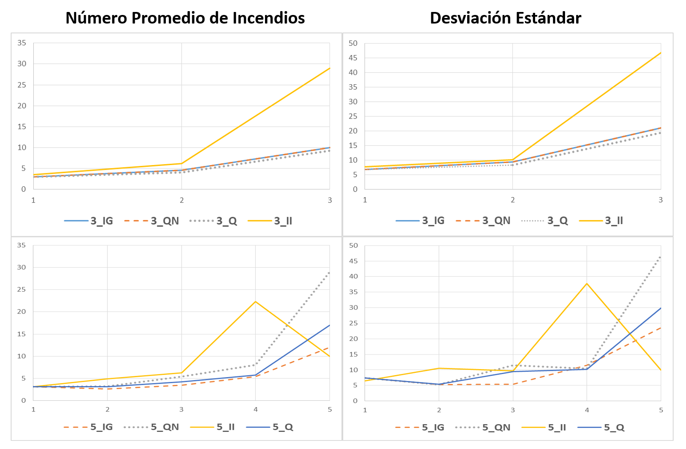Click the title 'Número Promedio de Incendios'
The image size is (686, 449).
click(x=185, y=18)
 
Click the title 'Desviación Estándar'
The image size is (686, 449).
click(x=505, y=18)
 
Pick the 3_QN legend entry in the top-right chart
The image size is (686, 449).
click(x=496, y=221)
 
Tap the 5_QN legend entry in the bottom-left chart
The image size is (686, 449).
click(x=165, y=427)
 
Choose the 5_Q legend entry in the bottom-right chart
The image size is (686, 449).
click(x=614, y=427)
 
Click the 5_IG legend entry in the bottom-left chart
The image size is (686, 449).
click(x=101, y=427)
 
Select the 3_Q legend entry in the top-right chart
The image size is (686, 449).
click(x=557, y=221)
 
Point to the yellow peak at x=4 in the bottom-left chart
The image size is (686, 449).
click(x=256, y=301)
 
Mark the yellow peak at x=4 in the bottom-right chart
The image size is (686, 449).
click(x=587, y=283)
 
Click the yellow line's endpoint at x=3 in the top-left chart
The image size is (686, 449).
click(x=330, y=68)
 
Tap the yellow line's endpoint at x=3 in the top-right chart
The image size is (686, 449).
click(x=661, y=53)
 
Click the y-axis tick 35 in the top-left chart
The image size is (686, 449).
click(x=22, y=43)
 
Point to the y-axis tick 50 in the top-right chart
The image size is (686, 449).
click(x=353, y=43)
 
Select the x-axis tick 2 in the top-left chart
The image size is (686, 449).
click(x=182, y=200)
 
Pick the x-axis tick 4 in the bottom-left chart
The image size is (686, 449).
click(x=256, y=409)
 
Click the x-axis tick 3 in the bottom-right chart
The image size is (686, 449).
click(x=513, y=410)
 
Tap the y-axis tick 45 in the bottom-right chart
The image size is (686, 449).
click(x=353, y=261)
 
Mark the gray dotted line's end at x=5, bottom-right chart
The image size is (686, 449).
click(x=661, y=257)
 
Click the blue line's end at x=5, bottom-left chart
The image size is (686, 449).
click(x=330, y=325)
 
